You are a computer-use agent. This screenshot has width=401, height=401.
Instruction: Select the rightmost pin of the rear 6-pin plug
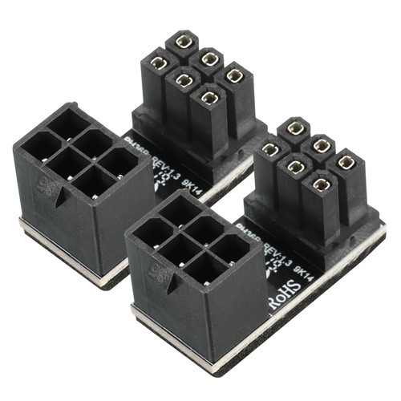coord(234,75)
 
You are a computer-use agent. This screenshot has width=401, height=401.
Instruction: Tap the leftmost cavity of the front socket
coord(146,233)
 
